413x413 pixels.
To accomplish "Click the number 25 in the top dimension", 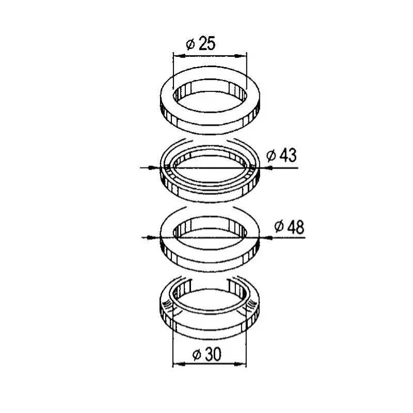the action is [x=207, y=44].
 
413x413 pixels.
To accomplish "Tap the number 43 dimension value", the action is [x=288, y=155].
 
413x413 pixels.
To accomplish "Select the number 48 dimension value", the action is [x=296, y=227].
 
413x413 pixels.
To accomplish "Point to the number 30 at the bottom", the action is [x=213, y=354].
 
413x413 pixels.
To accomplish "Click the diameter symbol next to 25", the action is [x=190, y=44].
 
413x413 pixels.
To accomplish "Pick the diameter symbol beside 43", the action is [x=271, y=156].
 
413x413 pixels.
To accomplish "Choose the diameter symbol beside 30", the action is [x=197, y=355].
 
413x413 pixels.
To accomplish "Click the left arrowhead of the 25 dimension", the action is [x=179, y=56].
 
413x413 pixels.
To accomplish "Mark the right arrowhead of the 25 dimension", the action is [x=240, y=56].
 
